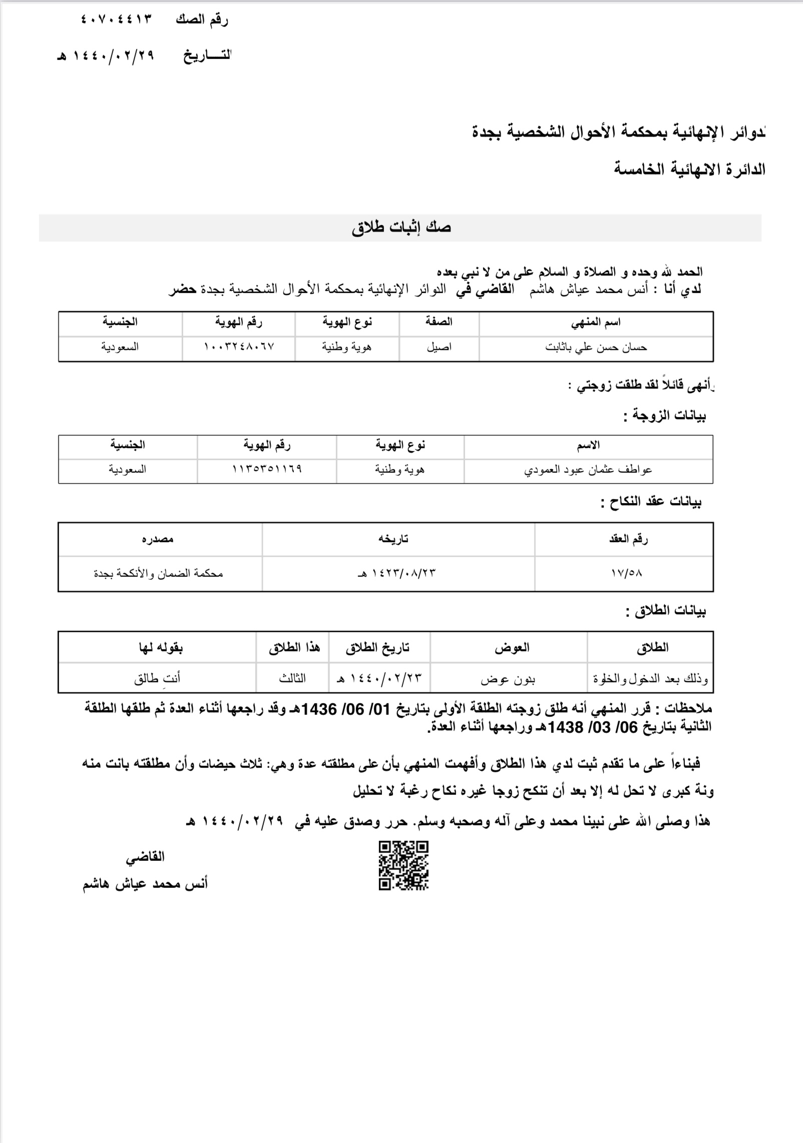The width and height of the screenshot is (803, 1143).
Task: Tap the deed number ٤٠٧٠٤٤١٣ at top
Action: [116, 20]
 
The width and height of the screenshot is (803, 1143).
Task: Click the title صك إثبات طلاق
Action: [401, 228]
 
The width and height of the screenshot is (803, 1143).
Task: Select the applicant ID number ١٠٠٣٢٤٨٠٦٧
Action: [239, 347]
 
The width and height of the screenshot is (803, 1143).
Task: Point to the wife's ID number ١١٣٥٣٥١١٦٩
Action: [267, 470]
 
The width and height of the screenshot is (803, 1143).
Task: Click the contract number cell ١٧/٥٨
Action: [626, 573]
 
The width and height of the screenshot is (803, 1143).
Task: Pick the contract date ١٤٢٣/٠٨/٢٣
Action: [399, 573]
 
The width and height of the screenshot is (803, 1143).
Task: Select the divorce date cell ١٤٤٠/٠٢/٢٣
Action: [380, 678]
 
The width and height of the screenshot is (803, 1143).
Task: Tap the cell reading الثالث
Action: [292, 678]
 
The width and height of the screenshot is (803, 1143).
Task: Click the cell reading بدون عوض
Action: [508, 679]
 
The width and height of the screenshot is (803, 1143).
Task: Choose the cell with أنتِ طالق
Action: [157, 678]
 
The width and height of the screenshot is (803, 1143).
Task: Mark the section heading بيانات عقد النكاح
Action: [651, 502]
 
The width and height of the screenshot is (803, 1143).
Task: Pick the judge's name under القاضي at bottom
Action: [145, 884]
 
